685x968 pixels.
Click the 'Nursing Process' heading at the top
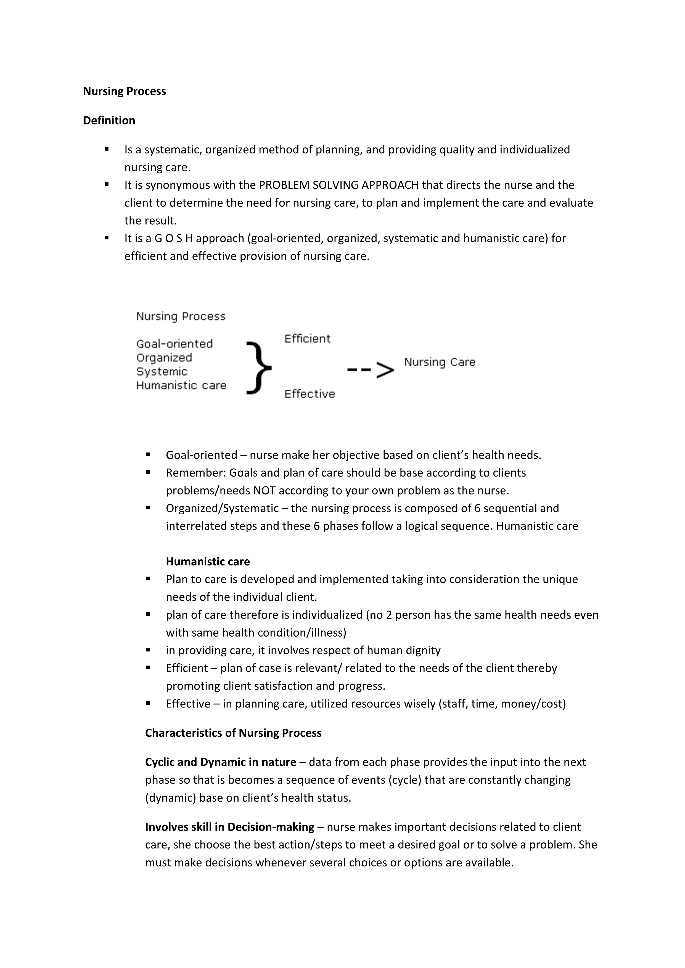point(125,92)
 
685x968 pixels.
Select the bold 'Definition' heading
point(109,121)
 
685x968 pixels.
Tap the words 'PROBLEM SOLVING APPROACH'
point(339,185)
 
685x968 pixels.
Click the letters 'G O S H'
point(174,239)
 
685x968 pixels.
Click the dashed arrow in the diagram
point(370,370)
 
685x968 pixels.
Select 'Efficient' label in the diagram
point(307,339)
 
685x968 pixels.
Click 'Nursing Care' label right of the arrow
point(440,362)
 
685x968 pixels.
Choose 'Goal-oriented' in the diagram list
point(174,344)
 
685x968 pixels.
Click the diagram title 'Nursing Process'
point(181,317)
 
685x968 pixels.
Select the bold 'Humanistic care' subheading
point(208,562)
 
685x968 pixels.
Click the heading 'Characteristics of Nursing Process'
point(233,733)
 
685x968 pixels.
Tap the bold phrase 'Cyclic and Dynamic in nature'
point(221,762)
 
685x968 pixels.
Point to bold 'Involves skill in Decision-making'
point(229,827)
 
